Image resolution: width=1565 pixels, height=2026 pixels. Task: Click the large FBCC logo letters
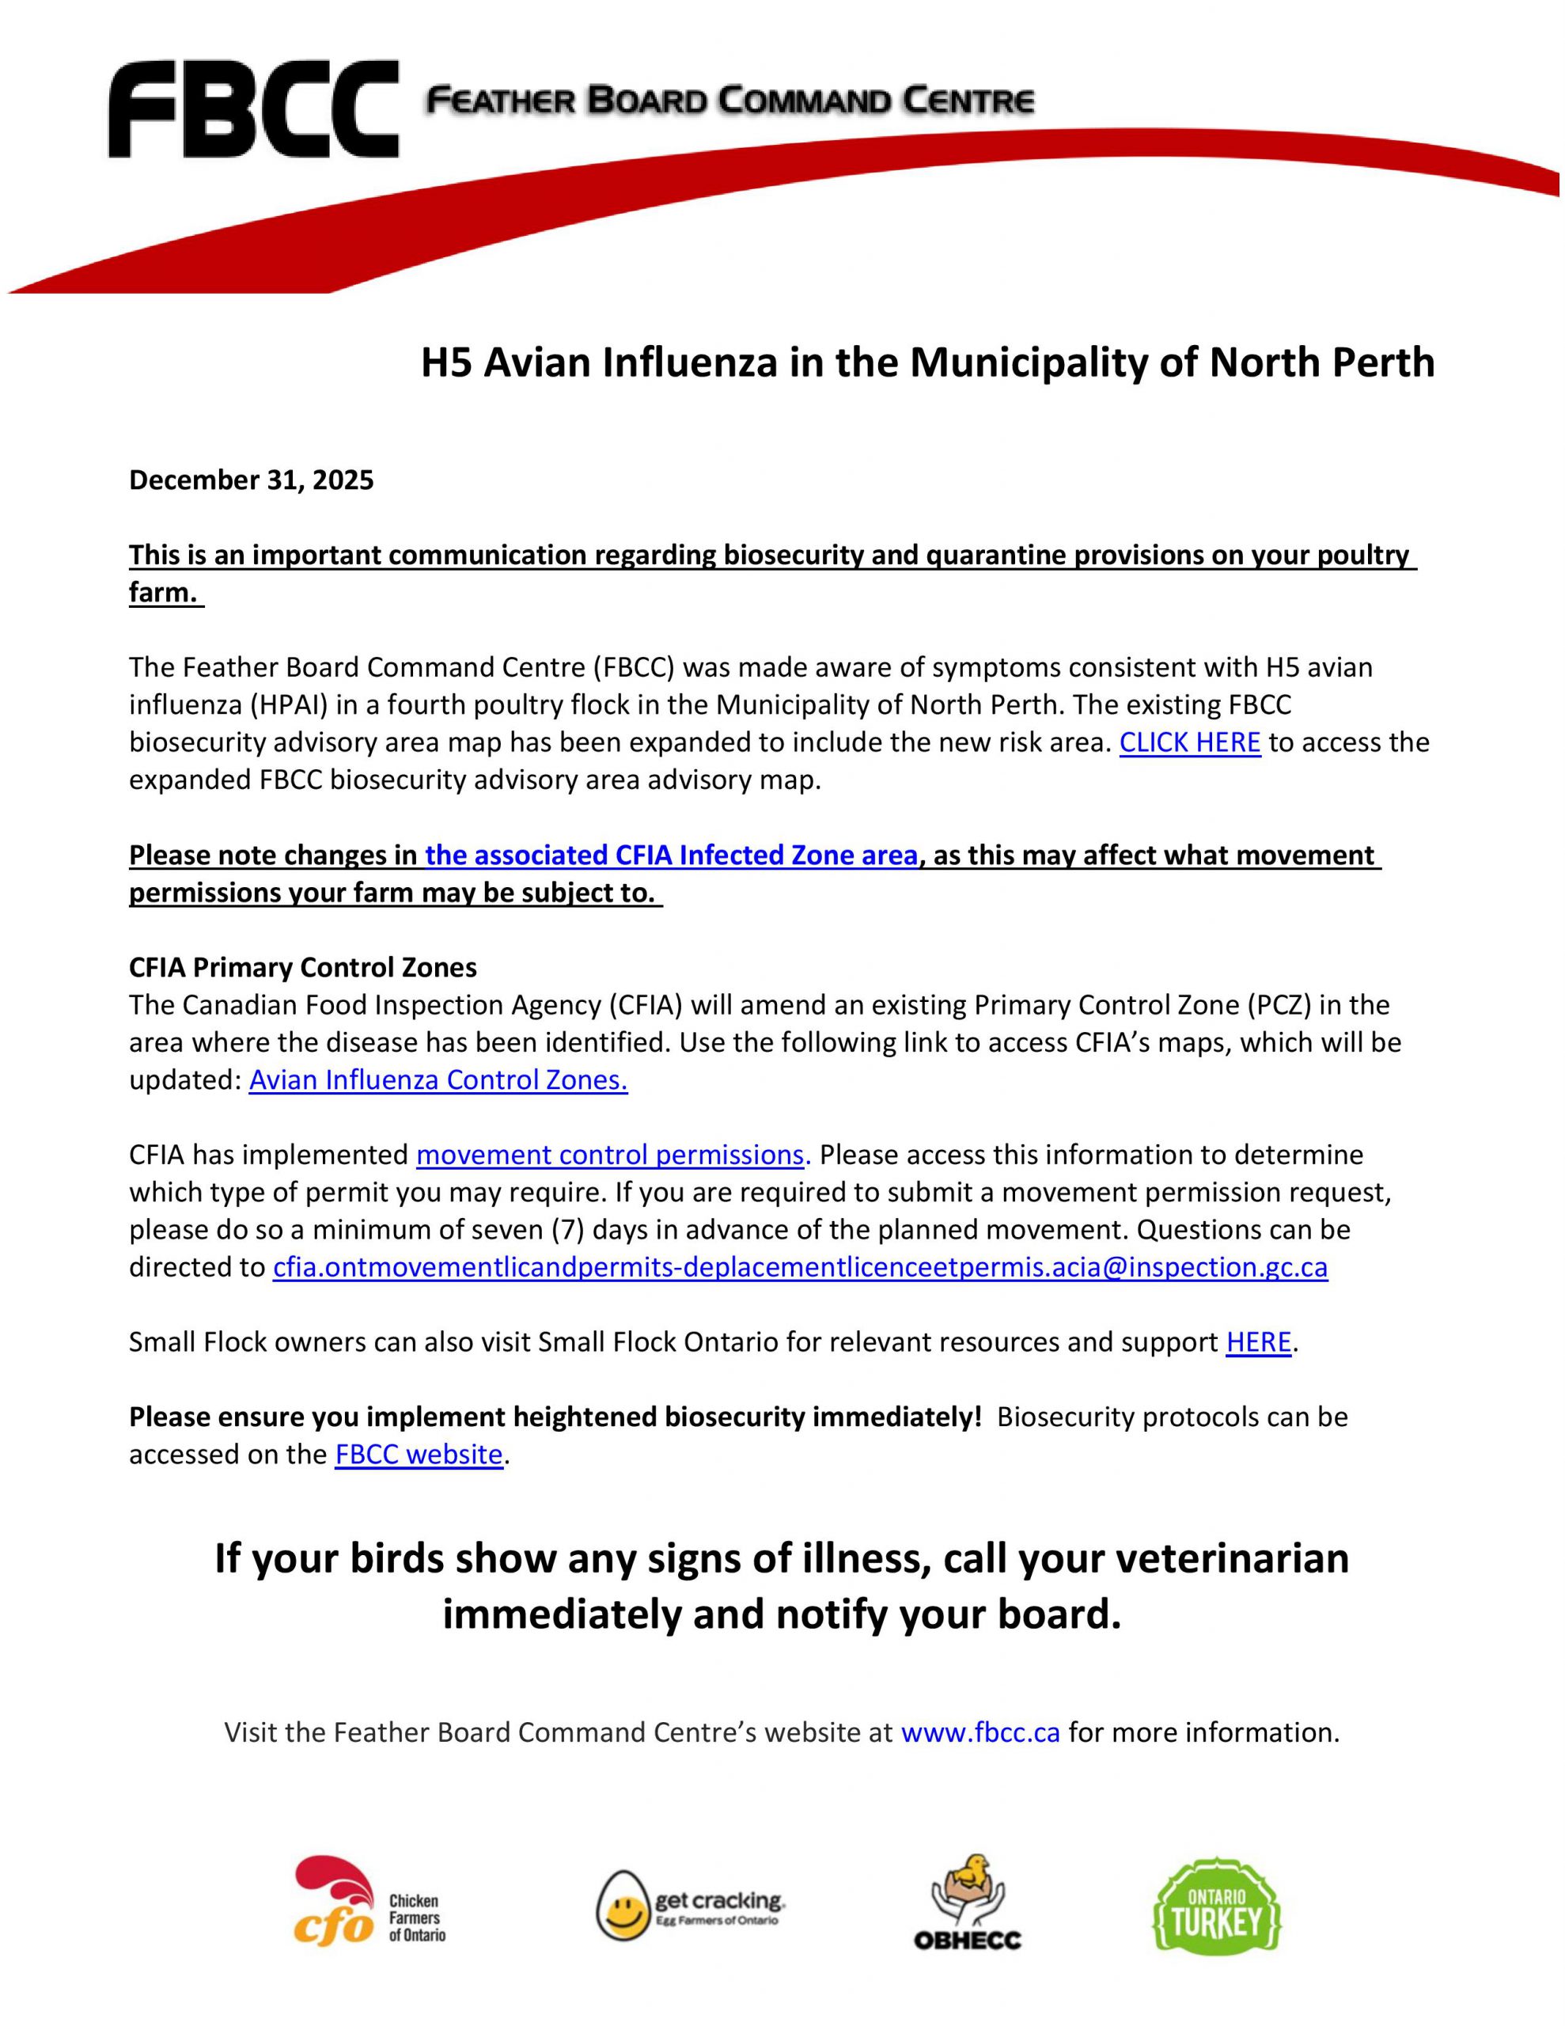(x=252, y=109)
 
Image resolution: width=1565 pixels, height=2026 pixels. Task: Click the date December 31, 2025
(x=251, y=480)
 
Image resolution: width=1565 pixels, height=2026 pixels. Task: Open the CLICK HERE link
(x=1189, y=742)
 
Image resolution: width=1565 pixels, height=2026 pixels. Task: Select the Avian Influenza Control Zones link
(x=438, y=1079)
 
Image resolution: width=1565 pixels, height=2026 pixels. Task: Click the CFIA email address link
(x=800, y=1267)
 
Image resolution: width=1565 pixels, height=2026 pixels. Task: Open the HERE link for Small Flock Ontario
(x=1258, y=1342)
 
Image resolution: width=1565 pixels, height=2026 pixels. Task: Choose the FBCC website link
(x=419, y=1455)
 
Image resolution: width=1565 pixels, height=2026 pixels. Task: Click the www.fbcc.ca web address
(x=980, y=1733)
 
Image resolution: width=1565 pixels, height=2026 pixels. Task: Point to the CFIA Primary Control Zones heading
(x=302, y=968)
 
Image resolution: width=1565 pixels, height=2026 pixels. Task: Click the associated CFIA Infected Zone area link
(x=671, y=856)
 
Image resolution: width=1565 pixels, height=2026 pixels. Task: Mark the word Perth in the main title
(x=1384, y=362)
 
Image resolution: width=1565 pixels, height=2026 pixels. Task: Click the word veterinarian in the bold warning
(x=1230, y=1558)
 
